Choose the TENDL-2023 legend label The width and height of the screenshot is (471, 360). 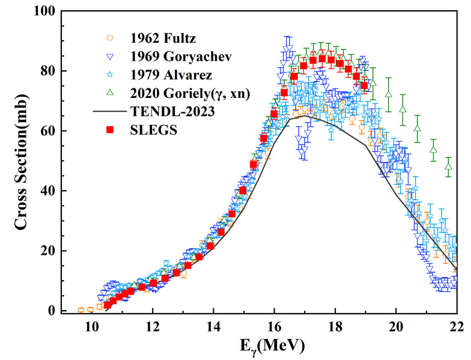[x=168, y=112]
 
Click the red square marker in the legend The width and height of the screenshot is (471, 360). [x=109, y=130]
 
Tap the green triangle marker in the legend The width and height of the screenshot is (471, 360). [x=109, y=93]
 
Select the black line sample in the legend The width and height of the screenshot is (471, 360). [x=109, y=112]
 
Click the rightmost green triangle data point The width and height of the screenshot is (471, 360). [x=448, y=166]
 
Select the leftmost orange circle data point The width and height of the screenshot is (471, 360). [x=81, y=310]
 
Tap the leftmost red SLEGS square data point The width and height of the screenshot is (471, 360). [x=108, y=305]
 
